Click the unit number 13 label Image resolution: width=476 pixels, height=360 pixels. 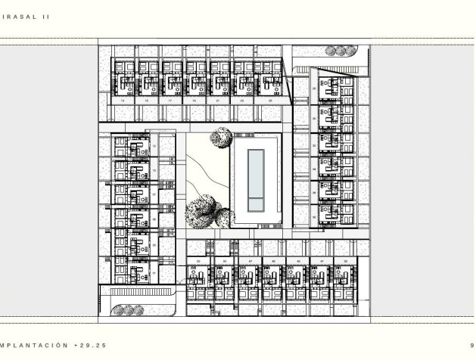pos(123,100)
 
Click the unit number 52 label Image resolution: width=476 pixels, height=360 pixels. pos(198,261)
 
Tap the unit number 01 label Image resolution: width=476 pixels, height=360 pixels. pos(154,271)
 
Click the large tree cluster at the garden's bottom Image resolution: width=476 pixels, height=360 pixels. pos(205,210)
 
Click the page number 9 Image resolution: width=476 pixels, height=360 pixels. pos(471,345)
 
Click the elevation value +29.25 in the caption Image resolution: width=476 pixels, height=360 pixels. pos(96,345)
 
